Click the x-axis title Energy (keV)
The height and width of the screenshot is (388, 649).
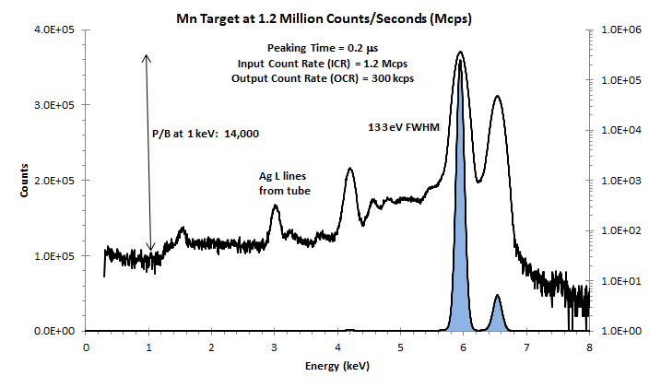click(336, 367)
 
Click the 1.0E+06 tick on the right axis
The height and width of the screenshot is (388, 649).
click(617, 29)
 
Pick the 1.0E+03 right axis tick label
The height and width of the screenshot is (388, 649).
click(617, 180)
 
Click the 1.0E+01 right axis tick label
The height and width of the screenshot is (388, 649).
click(617, 280)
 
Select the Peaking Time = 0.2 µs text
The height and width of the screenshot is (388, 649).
click(317, 48)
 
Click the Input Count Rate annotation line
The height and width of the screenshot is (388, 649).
click(323, 63)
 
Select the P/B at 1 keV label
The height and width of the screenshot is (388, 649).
click(206, 134)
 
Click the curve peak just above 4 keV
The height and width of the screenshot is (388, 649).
click(349, 169)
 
